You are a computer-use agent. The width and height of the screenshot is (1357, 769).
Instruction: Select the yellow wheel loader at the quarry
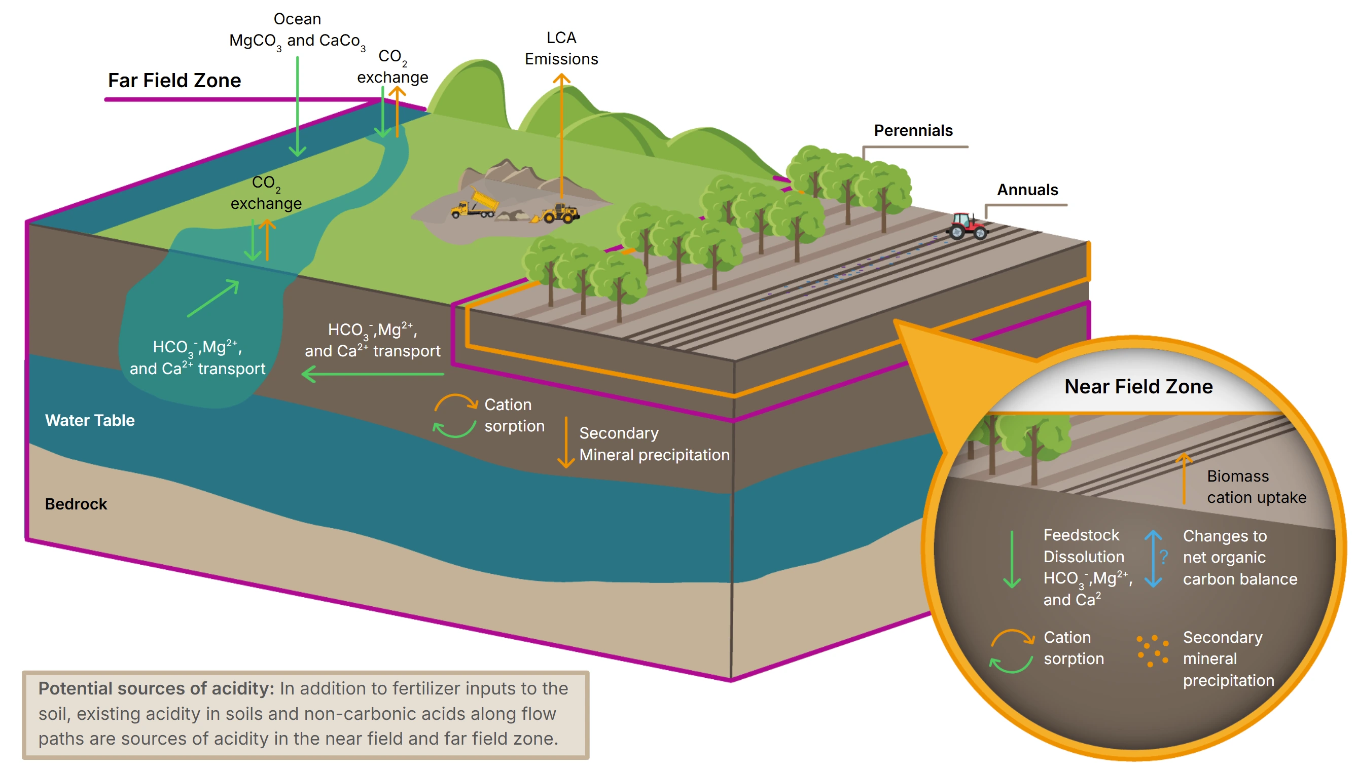[x=560, y=213]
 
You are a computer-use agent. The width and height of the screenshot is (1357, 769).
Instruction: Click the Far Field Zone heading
[x=174, y=80]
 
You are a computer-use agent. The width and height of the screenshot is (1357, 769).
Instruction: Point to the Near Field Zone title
[x=1138, y=386]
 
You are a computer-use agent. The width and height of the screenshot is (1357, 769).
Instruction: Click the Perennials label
[x=913, y=130]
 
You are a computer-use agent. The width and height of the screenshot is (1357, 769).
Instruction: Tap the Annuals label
[x=1027, y=190]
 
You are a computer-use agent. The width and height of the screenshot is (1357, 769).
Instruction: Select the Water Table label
[x=90, y=420]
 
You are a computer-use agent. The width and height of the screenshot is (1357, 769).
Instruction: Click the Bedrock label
[x=76, y=504]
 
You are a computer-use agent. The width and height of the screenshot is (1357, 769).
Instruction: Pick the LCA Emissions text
[x=561, y=48]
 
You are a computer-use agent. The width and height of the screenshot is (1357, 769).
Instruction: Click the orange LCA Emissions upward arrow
[x=561, y=132]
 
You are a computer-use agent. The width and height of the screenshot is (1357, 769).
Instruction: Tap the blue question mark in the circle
[x=1164, y=557]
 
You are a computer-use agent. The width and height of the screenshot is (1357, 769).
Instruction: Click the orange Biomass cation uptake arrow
[x=1184, y=478]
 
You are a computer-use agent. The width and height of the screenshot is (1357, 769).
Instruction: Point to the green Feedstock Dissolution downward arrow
[x=1012, y=560]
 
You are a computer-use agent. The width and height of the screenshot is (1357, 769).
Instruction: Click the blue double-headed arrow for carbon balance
[x=1153, y=559]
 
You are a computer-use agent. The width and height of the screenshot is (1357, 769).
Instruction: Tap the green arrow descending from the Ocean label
[x=297, y=105]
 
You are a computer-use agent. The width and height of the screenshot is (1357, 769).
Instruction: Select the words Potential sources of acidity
[x=156, y=688]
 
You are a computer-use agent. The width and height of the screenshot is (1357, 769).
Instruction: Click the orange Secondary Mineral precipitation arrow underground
[x=566, y=443]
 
